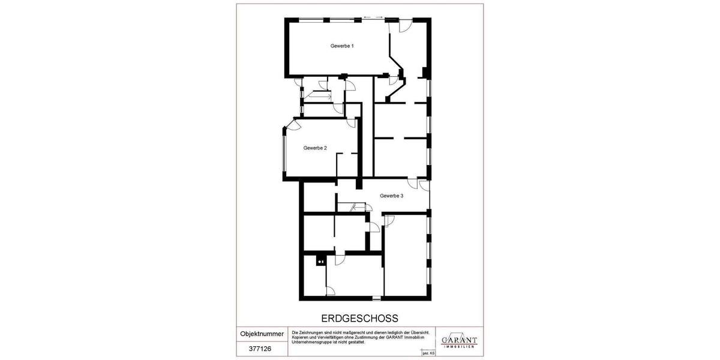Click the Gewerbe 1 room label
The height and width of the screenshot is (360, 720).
(x=342, y=46)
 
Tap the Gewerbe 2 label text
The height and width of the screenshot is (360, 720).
(x=315, y=148)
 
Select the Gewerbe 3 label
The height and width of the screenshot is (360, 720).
(x=391, y=196)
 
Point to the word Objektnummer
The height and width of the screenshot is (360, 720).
(x=262, y=334)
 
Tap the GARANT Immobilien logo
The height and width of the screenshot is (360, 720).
(x=459, y=340)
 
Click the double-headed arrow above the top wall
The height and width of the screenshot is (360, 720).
(x=373, y=17)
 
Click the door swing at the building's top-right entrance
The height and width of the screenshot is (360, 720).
(x=406, y=26)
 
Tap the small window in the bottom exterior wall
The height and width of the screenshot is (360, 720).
(x=376, y=298)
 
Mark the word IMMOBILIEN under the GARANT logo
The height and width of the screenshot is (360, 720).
(x=459, y=347)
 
